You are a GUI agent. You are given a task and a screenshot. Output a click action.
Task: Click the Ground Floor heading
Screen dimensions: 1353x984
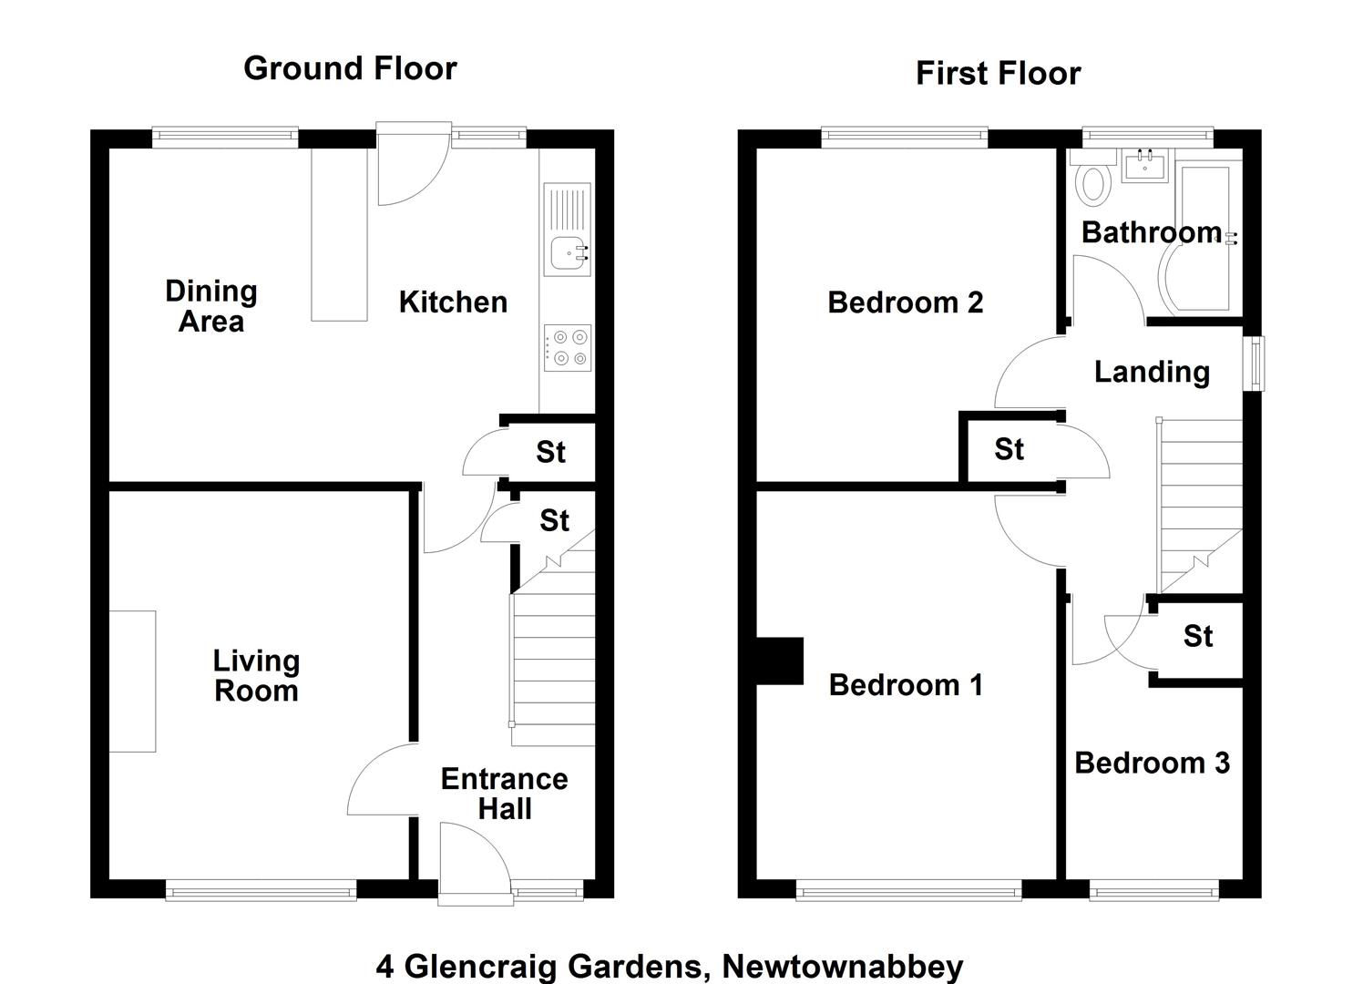click(350, 69)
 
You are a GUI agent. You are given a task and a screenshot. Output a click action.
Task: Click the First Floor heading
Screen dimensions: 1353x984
click(998, 74)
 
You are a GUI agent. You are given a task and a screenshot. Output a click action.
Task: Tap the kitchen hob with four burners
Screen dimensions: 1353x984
click(568, 347)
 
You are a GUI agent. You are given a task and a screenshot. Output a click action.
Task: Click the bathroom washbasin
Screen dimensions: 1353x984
click(1145, 165)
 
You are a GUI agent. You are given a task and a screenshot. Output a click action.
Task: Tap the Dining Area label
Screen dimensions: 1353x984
click(211, 306)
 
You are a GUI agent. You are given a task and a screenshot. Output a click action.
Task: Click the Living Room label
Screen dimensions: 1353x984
click(256, 676)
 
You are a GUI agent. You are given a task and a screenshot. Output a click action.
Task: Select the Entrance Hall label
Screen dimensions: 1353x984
click(505, 794)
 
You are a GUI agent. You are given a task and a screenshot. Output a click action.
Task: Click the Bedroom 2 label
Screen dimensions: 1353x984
click(905, 302)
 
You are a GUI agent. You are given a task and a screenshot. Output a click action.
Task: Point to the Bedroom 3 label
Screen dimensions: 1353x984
click(1152, 763)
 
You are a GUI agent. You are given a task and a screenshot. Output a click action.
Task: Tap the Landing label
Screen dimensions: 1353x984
click(1152, 372)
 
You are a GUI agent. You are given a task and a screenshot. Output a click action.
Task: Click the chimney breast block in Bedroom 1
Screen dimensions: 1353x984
click(780, 661)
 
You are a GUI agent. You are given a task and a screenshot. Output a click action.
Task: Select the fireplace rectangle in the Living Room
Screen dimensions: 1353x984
click(132, 682)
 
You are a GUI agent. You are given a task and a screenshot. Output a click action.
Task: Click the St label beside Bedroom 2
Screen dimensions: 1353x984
click(1010, 449)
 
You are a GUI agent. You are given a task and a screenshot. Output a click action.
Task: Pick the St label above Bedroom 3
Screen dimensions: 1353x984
click(1198, 636)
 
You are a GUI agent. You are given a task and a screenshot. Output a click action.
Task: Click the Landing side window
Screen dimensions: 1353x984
click(1254, 363)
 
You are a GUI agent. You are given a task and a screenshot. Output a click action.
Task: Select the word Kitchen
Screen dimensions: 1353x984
click(453, 302)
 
